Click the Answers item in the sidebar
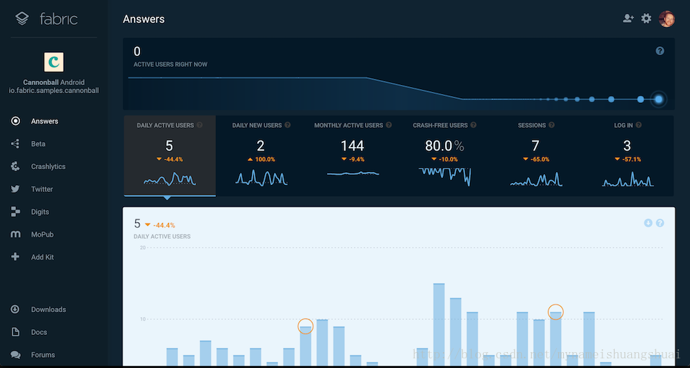[x=44, y=122]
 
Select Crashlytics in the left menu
[x=48, y=166]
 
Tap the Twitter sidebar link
[x=41, y=189]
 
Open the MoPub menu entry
[x=42, y=235]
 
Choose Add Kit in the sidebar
[x=42, y=258]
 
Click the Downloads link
[x=48, y=310]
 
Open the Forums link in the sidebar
[x=43, y=355]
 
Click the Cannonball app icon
[x=53, y=62]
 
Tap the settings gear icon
[x=646, y=19]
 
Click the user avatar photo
[x=666, y=19]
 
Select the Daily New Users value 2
[x=260, y=146]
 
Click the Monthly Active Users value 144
[x=352, y=146]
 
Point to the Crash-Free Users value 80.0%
[x=444, y=146]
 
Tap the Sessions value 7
[x=535, y=146]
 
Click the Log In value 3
[x=627, y=146]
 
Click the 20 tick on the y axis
[x=142, y=247]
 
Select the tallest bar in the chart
[x=439, y=325]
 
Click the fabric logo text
[x=58, y=19]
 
